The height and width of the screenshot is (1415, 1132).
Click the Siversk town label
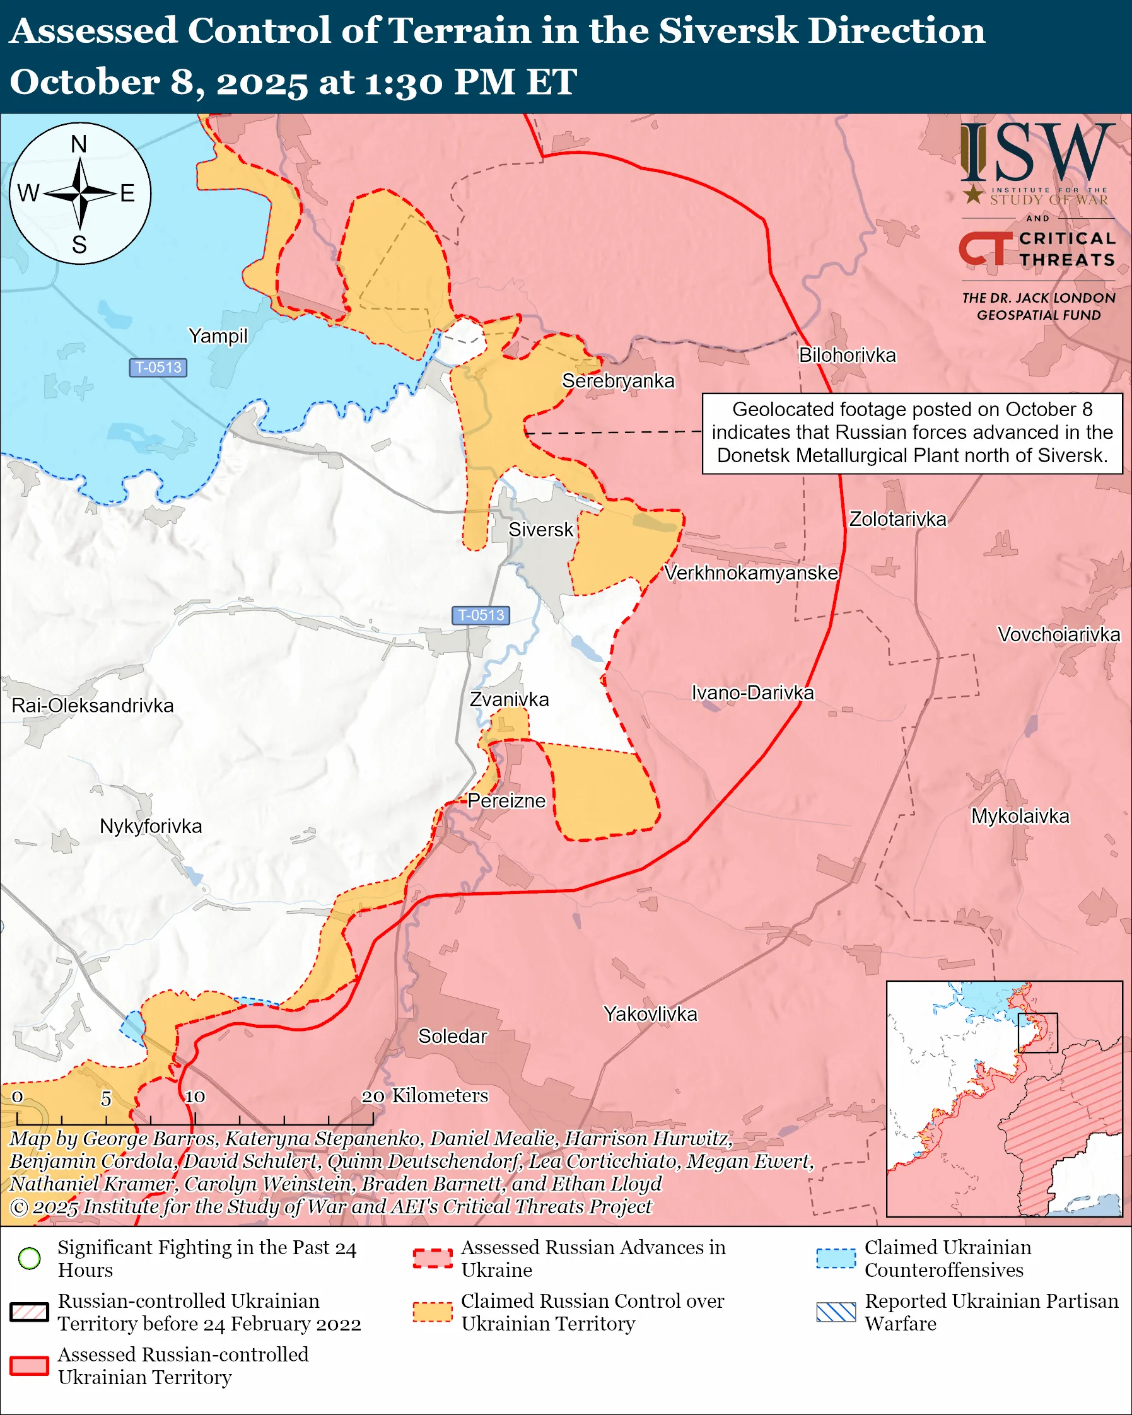coord(540,530)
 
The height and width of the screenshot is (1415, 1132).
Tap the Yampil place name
coord(218,336)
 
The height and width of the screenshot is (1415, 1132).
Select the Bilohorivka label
coord(846,355)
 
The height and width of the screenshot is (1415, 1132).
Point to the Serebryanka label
coord(617,381)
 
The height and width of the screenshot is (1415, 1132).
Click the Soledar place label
coord(452,1035)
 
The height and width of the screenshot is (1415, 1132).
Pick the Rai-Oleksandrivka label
coord(93,706)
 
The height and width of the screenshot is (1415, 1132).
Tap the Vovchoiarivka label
coord(1058,634)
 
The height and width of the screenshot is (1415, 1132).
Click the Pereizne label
coord(506,801)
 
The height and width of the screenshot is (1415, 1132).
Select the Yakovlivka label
coord(650,1014)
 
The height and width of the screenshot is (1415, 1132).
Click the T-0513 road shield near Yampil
coord(158,368)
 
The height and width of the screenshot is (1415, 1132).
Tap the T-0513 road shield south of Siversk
coord(481,615)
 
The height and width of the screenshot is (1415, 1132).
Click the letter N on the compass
coord(79,144)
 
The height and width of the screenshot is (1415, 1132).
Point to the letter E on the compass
coord(127,193)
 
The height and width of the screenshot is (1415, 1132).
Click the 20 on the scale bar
coord(373,1097)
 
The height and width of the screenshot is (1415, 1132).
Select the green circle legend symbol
coord(30,1258)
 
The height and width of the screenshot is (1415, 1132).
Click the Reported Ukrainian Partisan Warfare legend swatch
coord(836,1312)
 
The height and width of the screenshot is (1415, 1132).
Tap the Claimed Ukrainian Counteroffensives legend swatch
coord(836,1258)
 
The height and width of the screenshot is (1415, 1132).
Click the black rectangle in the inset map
coord(1037,1032)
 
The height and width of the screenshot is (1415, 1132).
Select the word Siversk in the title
coord(728,31)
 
